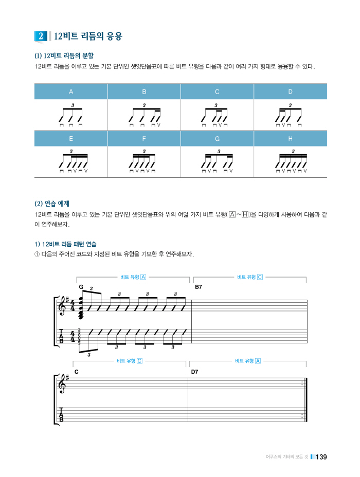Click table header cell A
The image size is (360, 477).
pyautogui.click(x=71, y=91)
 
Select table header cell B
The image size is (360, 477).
pyautogui.click(x=144, y=91)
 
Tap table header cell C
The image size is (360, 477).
pyautogui.click(x=217, y=91)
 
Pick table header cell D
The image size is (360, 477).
pyautogui.click(x=290, y=91)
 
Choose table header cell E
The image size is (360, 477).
pyautogui.click(x=71, y=139)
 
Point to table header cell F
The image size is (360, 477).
pyautogui.click(x=144, y=139)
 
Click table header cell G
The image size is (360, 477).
pyautogui.click(x=217, y=139)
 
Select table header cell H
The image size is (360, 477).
pyautogui.click(x=290, y=139)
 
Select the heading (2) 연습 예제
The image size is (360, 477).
pyautogui.click(x=52, y=203)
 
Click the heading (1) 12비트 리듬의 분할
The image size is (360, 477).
pyautogui.click(x=64, y=55)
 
